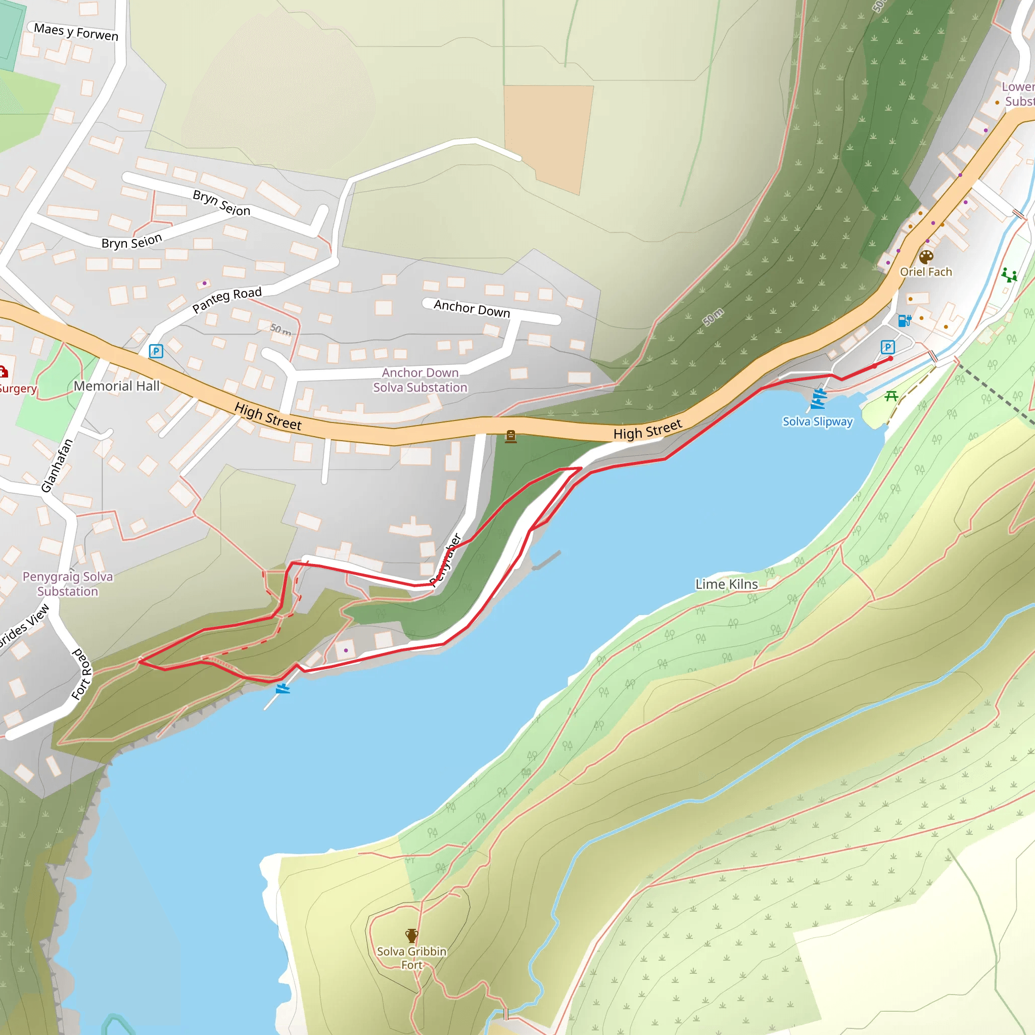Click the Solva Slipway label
tap(817, 421)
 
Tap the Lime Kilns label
tap(726, 584)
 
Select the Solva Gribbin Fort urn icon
tap(411, 936)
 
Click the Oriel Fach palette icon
tap(926, 257)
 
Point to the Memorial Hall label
tap(117, 386)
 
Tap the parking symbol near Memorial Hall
tap(156, 351)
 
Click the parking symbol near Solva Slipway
tap(887, 347)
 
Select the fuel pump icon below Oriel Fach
tap(904, 320)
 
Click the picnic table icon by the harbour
tap(891, 396)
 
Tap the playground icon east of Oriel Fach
tap(1009, 275)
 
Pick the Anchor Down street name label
tap(472, 309)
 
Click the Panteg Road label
tap(227, 300)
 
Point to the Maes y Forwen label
tap(76, 32)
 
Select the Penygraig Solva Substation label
tap(68, 584)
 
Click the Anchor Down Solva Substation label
tap(420, 380)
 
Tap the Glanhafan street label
tap(57, 465)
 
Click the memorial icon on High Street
tap(510, 437)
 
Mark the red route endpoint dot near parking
tap(890, 358)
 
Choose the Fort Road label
tap(82, 674)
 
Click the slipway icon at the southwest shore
tap(283, 688)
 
